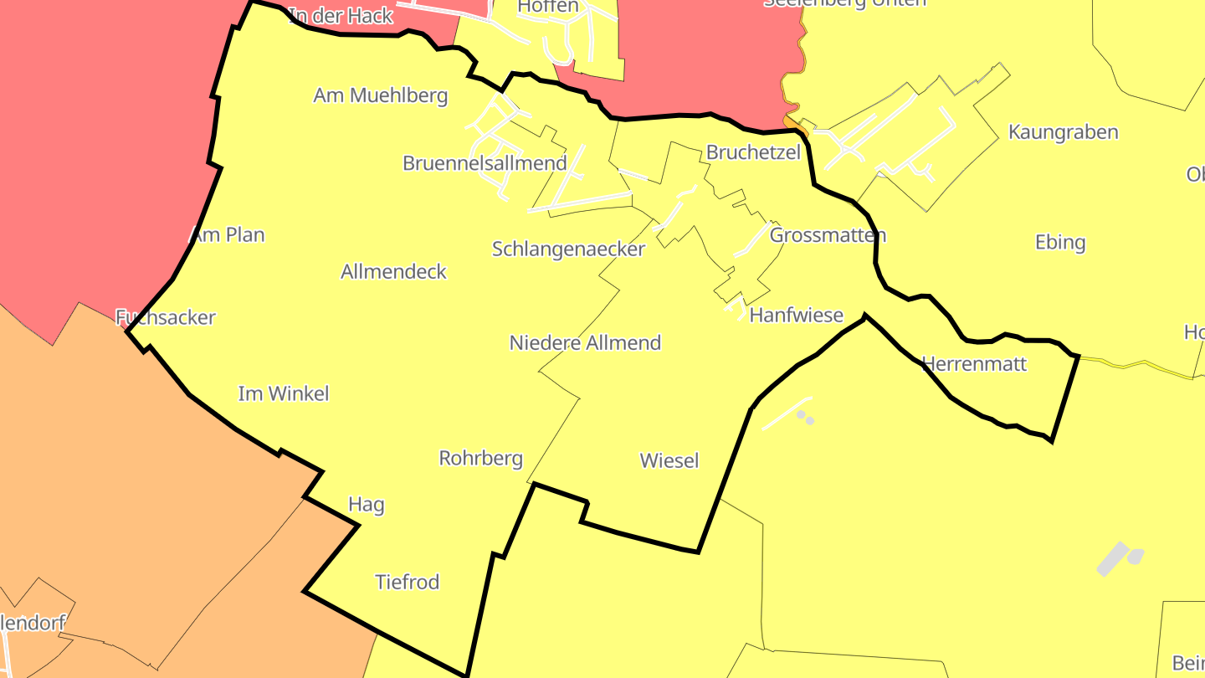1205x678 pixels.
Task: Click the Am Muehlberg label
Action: [380, 95]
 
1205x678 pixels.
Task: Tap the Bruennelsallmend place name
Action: [485, 163]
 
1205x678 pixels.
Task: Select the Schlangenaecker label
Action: [568, 249]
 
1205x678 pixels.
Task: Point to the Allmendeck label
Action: [393, 271]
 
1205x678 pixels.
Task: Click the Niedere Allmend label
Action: [585, 342]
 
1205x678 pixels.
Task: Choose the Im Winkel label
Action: [284, 393]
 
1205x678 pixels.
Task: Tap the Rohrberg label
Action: [480, 458]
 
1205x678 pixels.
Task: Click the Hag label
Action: [366, 504]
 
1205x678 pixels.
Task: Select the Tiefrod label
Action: [407, 582]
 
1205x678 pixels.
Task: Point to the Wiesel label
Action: [669, 460]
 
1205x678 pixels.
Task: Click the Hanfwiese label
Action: [796, 316]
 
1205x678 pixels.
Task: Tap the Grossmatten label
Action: [827, 235]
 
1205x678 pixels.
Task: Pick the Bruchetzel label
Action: [753, 152]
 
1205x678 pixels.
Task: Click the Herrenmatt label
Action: [973, 364]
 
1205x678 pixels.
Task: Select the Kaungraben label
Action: [1063, 132]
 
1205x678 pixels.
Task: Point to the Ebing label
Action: [1059, 243]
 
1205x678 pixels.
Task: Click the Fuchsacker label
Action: [166, 317]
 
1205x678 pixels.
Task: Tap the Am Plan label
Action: [228, 235]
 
